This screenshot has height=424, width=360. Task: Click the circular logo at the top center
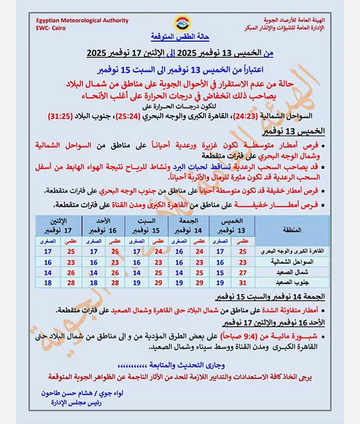[180, 24]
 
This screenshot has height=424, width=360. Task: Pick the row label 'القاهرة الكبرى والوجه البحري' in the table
[289, 251]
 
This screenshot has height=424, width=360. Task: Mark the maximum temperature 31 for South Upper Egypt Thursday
[243, 282]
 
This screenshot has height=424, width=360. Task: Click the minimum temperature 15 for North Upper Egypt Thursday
[220, 272]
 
